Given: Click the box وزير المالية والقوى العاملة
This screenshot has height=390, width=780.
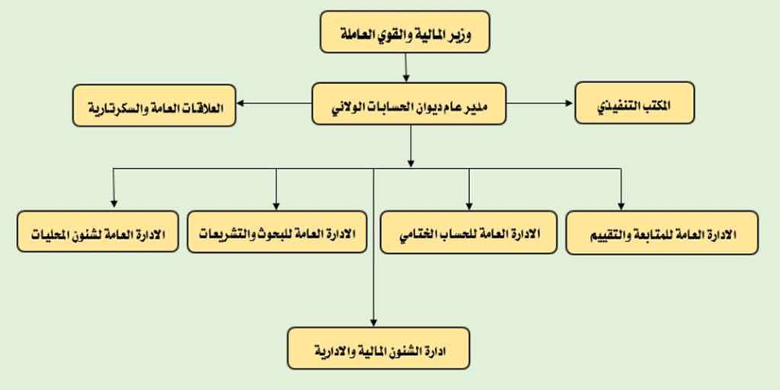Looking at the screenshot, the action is pos(405,32).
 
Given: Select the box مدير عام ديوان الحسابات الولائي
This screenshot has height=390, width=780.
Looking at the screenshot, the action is pos(409,104).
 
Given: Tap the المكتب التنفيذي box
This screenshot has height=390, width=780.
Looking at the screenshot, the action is pos(635,103).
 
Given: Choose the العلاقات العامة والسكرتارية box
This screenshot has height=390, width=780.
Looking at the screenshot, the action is pos(154,105).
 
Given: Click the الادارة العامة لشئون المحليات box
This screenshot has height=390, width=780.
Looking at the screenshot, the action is pos(97,232).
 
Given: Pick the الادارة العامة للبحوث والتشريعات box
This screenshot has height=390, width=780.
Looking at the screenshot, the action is pos(277,232).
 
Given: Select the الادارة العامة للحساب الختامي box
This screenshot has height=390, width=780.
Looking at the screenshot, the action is pos(468,232).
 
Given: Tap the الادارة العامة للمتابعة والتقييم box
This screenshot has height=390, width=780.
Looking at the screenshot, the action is pos(662,233).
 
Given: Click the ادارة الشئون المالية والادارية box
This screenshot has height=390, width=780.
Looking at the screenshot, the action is pos(379,348).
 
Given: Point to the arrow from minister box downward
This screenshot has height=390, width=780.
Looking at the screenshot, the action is pos(406,67).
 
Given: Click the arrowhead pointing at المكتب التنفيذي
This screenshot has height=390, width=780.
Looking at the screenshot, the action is pos(569,103).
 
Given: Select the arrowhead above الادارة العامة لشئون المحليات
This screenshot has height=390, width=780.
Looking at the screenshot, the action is pos(114,203).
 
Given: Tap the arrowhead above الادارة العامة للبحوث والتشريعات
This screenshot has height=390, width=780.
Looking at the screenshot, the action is pos(277,206).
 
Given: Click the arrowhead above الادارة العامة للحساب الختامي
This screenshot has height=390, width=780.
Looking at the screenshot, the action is pos(468,206).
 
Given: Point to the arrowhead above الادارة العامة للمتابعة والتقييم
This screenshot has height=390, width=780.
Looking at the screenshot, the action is pos(621,206).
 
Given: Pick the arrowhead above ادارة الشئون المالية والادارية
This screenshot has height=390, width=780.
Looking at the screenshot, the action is pos(373,321).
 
